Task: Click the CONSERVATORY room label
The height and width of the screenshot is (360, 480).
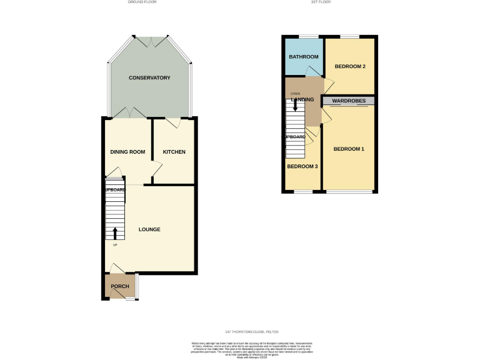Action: (149, 78)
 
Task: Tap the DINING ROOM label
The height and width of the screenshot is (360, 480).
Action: (127, 152)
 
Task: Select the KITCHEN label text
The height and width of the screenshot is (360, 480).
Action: (174, 152)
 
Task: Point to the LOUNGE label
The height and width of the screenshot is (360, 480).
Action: (149, 229)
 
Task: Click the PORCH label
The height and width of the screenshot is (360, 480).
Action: (120, 286)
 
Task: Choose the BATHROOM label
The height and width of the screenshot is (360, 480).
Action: (303, 57)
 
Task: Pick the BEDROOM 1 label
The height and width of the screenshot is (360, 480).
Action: (348, 149)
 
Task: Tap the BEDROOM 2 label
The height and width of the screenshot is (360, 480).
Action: (349, 66)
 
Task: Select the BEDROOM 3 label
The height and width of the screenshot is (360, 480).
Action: (302, 166)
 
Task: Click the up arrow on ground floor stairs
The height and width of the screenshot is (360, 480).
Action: (115, 234)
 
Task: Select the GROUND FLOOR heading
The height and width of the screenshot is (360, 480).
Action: (141, 2)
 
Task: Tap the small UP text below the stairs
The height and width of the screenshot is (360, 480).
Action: (115, 244)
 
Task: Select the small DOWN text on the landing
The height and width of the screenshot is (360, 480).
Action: (295, 93)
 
